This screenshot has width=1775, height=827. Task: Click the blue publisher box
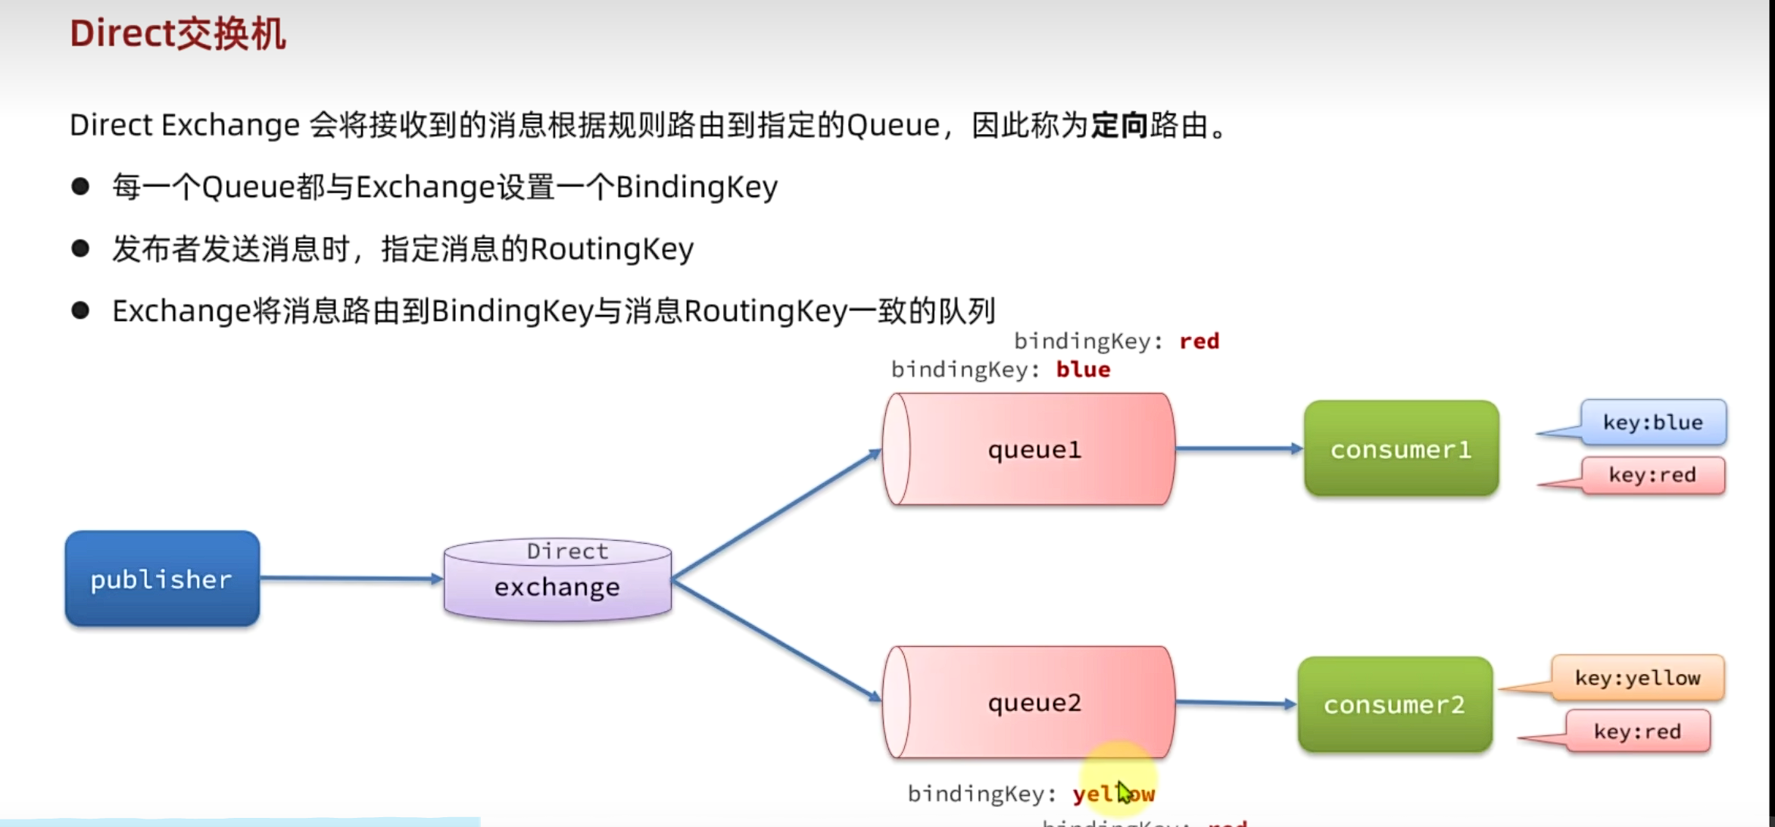(162, 579)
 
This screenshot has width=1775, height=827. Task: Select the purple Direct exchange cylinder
(557, 580)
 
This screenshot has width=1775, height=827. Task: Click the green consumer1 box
(1401, 448)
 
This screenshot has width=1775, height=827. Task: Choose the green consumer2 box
(1395, 704)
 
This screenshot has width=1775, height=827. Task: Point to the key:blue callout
(1652, 423)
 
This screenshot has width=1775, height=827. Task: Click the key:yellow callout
(1637, 678)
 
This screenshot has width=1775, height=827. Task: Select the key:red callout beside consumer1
(1652, 476)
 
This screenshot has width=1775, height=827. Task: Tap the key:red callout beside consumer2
(1637, 732)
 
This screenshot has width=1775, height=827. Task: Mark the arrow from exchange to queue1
(775, 515)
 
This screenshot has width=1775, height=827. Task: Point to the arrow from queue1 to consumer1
(1239, 448)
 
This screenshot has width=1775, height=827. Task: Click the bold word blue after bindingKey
(1083, 370)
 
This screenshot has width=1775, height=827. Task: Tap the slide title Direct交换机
(178, 34)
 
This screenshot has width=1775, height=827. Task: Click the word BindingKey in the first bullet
(696, 187)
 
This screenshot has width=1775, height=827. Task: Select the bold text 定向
(1118, 125)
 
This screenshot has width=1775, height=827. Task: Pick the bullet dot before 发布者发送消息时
(80, 248)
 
